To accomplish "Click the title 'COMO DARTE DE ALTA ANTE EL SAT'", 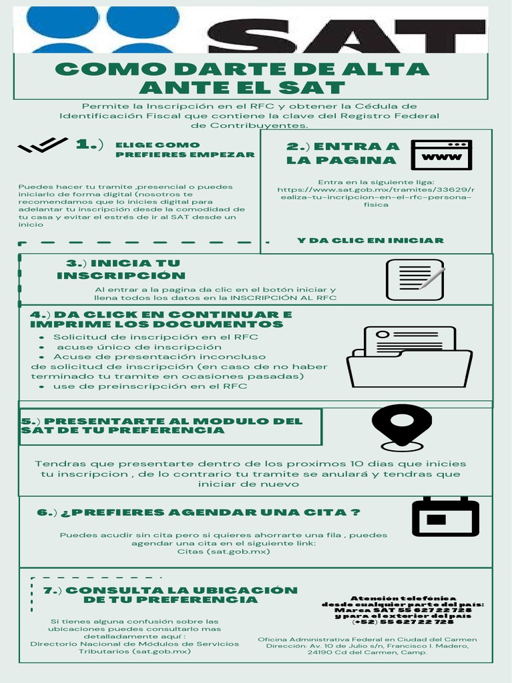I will pyautogui.click(x=242, y=78).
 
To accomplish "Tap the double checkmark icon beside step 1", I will pyautogui.click(x=43, y=145).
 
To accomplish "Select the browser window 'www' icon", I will pyautogui.click(x=441, y=155).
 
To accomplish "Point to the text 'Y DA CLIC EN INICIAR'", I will pyautogui.click(x=370, y=240).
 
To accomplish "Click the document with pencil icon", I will pyautogui.click(x=415, y=279).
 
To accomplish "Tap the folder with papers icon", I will pyautogui.click(x=409, y=357).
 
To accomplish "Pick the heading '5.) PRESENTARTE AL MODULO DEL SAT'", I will pyautogui.click(x=162, y=426).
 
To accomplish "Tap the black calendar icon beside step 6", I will pyautogui.click(x=445, y=517).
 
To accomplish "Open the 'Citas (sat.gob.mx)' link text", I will pyautogui.click(x=223, y=552).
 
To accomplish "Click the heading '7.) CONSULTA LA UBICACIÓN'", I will pyautogui.click(x=170, y=594).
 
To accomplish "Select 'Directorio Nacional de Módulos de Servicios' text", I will pyautogui.click(x=135, y=644).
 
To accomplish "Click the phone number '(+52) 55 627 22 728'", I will pyautogui.click(x=403, y=622).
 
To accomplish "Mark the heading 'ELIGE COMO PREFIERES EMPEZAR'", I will pyautogui.click(x=185, y=149).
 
